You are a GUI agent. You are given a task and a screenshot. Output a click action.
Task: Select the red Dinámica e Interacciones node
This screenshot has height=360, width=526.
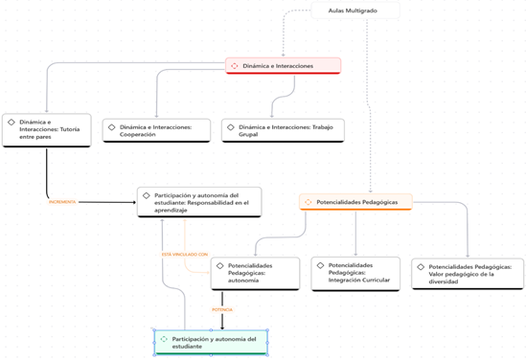(284, 66)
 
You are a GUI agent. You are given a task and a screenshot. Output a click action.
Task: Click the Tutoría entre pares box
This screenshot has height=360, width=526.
(46, 129)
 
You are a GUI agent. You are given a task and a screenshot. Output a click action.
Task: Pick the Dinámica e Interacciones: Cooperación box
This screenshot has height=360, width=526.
(156, 130)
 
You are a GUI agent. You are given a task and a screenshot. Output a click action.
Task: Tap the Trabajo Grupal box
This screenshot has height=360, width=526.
(283, 130)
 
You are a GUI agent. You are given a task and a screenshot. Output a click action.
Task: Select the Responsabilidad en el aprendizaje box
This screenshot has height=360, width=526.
(198, 201)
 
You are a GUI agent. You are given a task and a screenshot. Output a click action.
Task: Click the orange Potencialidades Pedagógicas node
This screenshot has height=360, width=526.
(355, 202)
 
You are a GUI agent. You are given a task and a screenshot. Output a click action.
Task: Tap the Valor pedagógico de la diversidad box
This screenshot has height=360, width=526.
(468, 273)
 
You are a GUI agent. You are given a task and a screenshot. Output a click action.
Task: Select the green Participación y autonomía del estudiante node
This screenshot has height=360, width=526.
(210, 342)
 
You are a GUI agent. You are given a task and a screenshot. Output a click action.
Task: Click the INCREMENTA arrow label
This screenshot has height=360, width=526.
(62, 202)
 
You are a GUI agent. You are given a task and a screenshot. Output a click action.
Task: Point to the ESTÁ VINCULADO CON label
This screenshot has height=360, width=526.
(184, 255)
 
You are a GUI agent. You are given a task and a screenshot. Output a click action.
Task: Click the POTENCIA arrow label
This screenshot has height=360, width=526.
(222, 309)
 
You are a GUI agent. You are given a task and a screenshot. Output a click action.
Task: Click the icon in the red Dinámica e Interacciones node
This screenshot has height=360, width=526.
(235, 66)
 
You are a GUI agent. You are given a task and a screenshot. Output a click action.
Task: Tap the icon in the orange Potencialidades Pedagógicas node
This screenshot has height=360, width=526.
(308, 202)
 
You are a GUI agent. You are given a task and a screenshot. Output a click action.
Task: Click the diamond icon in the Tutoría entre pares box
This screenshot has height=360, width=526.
(11, 123)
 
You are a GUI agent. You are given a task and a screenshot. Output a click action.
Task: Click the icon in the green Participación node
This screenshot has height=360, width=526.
(164, 339)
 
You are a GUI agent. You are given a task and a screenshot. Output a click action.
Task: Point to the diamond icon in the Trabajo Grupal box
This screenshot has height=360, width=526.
(231, 126)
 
